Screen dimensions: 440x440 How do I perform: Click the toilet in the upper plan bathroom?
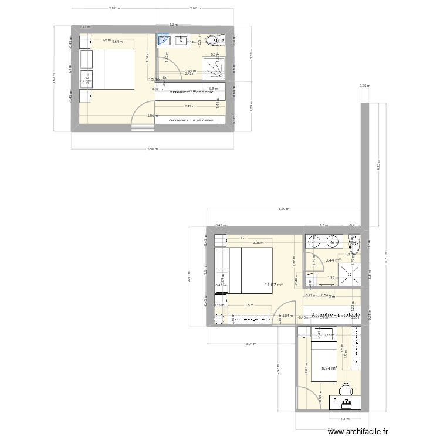(x=219, y=40)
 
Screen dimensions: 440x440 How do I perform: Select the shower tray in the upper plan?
(x=215, y=67)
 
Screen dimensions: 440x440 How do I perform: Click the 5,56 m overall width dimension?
(x=153, y=150)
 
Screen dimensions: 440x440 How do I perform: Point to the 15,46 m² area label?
(x=156, y=79)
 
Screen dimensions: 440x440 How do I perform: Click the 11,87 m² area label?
(x=273, y=285)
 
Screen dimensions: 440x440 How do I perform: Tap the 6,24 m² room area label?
(x=329, y=368)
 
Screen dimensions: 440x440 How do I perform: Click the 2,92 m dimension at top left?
(x=114, y=9)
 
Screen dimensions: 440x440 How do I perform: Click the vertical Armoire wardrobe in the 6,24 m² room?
(x=356, y=348)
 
